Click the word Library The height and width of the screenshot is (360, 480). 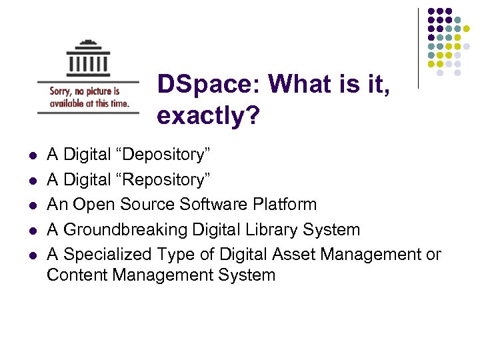pyautogui.click(x=273, y=229)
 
